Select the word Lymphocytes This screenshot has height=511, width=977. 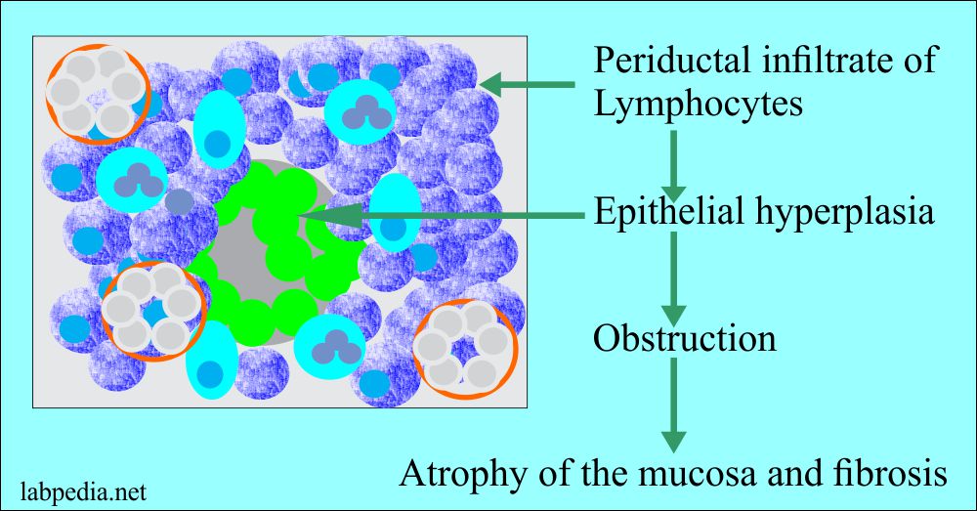[x=698, y=102]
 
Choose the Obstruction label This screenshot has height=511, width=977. [x=685, y=337]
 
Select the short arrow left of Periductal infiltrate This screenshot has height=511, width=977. [x=529, y=86]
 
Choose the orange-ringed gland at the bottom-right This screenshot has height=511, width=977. [x=463, y=349]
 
